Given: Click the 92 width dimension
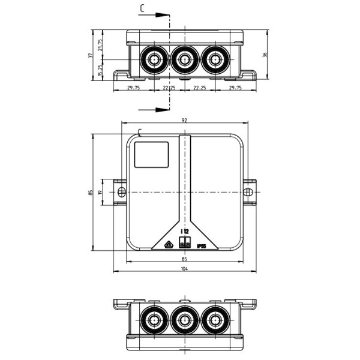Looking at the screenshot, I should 184,121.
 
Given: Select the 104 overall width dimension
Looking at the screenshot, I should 184,268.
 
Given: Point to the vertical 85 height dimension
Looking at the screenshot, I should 90,192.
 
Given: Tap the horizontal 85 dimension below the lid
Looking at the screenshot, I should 184,259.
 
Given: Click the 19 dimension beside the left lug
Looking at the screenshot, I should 101,192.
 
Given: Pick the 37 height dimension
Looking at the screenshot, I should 90,55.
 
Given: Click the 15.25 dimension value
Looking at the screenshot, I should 100,70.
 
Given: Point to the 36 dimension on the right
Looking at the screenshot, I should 265,55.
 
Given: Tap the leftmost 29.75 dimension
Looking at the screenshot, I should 134,88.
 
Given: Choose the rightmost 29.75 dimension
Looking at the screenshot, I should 235,88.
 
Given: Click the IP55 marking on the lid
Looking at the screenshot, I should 201,246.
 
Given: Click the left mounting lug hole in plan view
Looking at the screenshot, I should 121,192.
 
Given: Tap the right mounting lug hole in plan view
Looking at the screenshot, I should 248,192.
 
